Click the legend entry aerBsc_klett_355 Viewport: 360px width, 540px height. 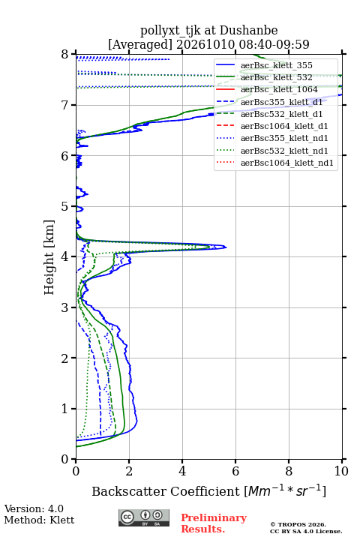pyautogui.click(x=276, y=65)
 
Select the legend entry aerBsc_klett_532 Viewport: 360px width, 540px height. pyautogui.click(x=276, y=77)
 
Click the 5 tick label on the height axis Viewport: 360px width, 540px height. pyautogui.click(x=65, y=206)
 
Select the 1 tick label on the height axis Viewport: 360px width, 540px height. pyautogui.click(x=65, y=409)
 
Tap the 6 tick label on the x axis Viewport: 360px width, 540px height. pyautogui.click(x=235, y=471)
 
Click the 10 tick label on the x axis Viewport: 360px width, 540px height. pyautogui.click(x=341, y=471)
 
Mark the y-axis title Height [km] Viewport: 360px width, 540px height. pyautogui.click(x=49, y=257)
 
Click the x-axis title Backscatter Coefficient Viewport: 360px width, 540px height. pyautogui.click(x=165, y=491)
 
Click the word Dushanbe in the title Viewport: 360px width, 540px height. pyautogui.click(x=248, y=31)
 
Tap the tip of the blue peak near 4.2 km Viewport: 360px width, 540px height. pyautogui.click(x=226, y=247)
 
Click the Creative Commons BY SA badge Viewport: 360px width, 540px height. pyautogui.click(x=144, y=518)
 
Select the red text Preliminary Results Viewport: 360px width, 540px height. pyautogui.click(x=214, y=523)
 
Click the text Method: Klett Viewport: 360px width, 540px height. pyautogui.click(x=39, y=520)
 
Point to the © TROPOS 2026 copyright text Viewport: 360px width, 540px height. pyautogui.click(x=298, y=524)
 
